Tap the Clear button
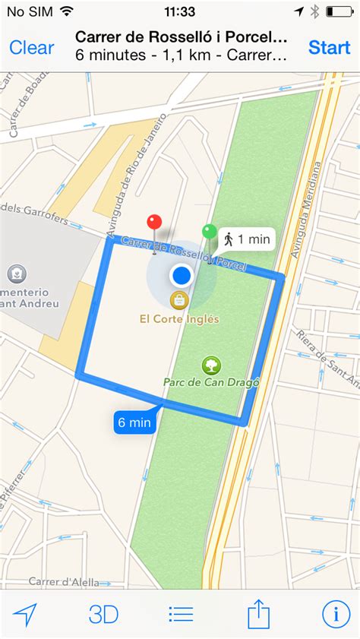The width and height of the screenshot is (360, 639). coord(32,47)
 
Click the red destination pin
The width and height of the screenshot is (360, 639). coord(155,223)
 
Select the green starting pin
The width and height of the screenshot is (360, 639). coord(209,233)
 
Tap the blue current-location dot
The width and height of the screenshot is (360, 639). coord(181,275)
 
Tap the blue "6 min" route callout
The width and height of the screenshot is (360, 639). coord(134,422)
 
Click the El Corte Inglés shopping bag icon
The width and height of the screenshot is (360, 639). coord(178,299)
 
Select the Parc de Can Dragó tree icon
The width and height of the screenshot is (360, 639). coord(211,365)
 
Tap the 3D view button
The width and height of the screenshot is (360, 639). coord(104,614)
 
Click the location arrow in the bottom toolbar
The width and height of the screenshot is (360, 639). coord(25,614)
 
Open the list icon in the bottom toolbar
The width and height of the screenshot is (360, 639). coord(181,614)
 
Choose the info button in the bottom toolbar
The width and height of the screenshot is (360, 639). coord(335,613)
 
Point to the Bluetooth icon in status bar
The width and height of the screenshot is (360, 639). coord(314,11)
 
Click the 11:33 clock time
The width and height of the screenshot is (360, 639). coord(179,11)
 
